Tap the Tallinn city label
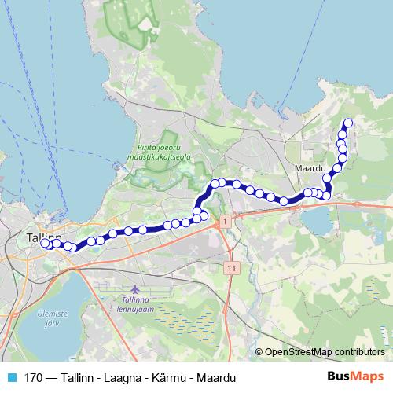43,235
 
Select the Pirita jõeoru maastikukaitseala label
160,155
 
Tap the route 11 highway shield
231,268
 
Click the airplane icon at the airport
130,289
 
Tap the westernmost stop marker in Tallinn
46,244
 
